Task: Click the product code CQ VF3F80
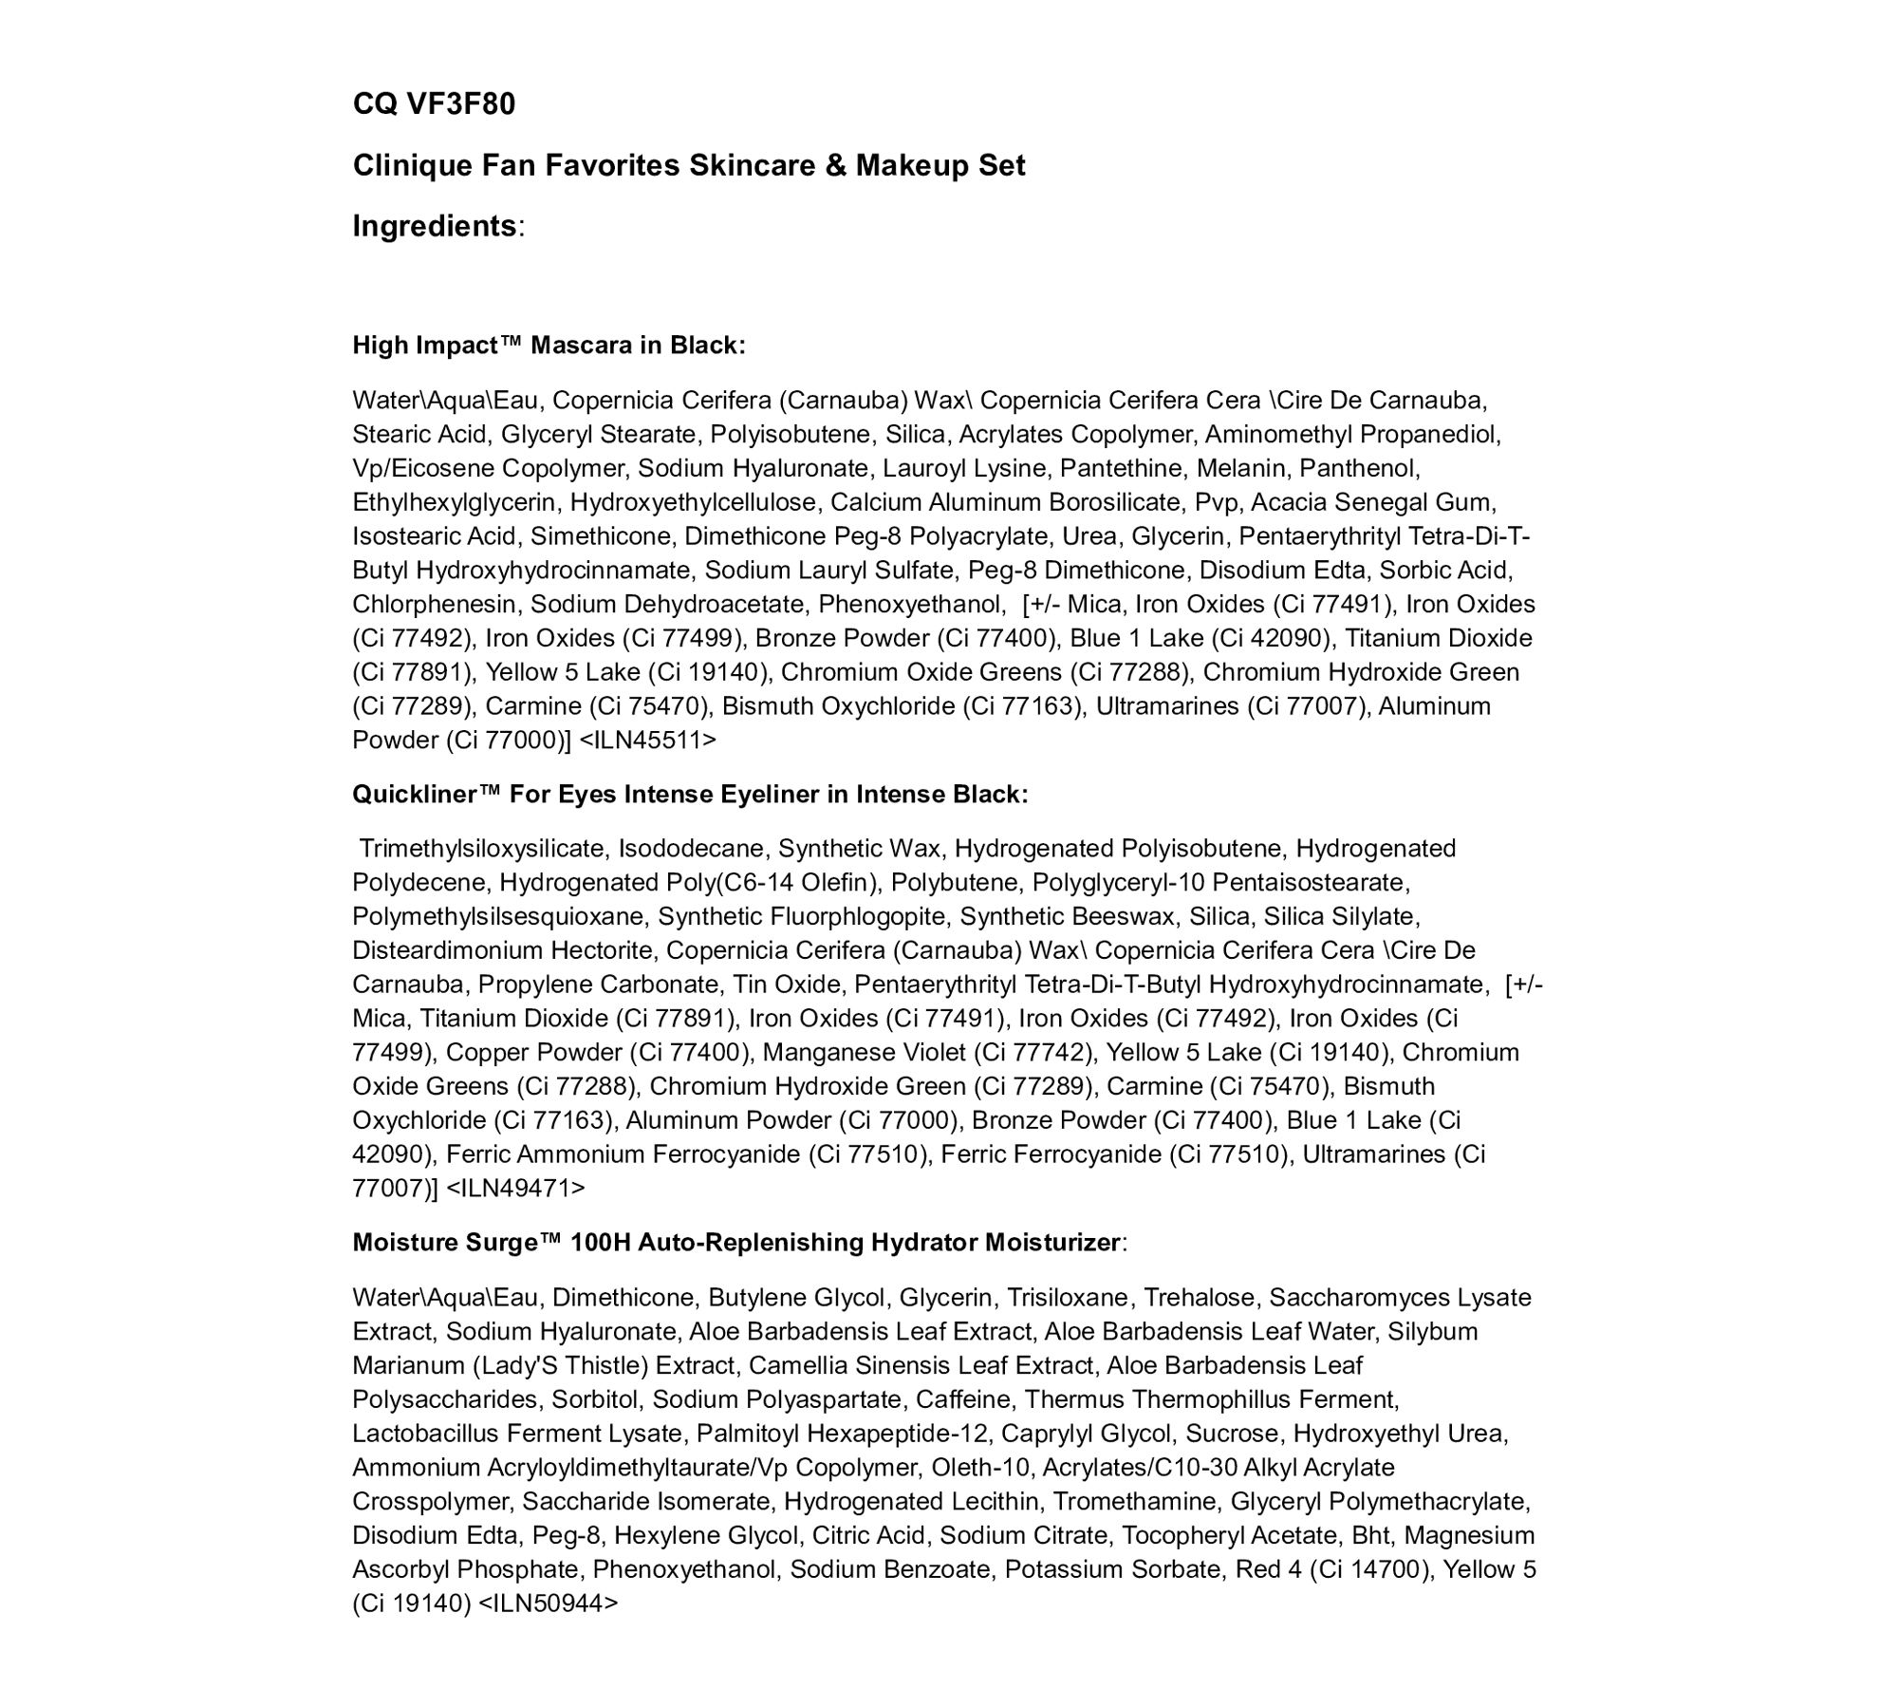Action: click(434, 103)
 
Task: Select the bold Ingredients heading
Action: click(435, 226)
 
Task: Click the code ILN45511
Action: click(647, 740)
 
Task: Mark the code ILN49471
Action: click(515, 1188)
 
